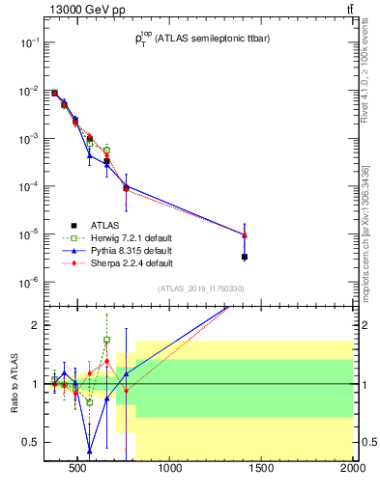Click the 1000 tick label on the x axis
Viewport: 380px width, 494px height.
170,471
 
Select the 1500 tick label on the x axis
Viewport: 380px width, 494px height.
261,471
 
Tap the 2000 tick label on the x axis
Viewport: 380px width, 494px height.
350,471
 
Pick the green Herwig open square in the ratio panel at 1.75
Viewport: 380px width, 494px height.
106,340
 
